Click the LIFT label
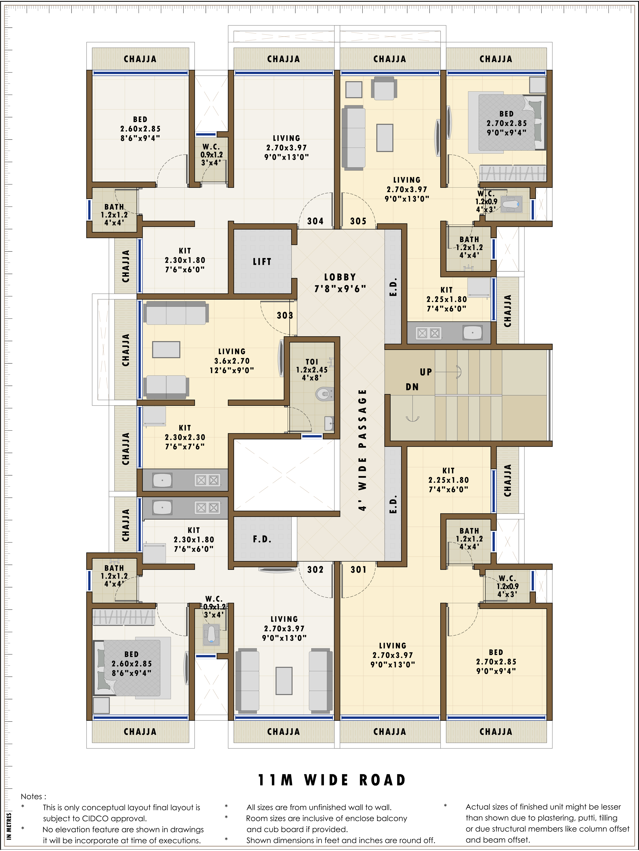coord(262,262)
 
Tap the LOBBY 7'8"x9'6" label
coord(340,283)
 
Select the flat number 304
coord(315,221)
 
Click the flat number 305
coord(358,221)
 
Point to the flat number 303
coord(285,316)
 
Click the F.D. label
coord(262,539)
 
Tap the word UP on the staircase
coord(426,372)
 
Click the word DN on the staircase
coord(412,387)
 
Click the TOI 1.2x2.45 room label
coord(312,369)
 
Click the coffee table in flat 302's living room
coord(284,680)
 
